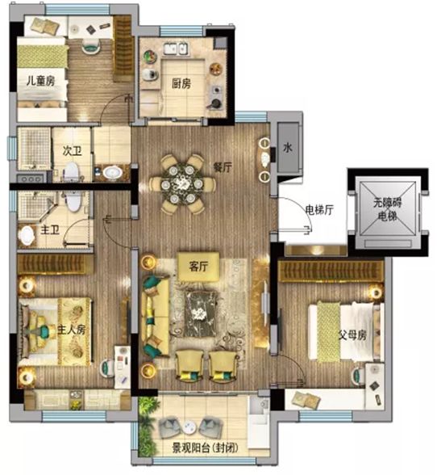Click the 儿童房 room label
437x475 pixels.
pos(41,81)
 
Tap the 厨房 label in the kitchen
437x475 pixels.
pos(181,83)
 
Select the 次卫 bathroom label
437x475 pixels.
pos(73,150)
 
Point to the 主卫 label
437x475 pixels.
pos(50,230)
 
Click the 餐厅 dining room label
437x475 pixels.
pos(223,167)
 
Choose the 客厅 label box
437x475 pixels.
pos(198,267)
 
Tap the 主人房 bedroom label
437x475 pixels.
pos(72,330)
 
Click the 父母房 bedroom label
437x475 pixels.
pos(352,335)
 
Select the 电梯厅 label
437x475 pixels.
pos(319,210)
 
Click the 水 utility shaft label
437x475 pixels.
pos(288,148)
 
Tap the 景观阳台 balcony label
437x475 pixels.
pos(205,448)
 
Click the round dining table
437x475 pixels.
pos(181,183)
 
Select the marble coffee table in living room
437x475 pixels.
pos(201,313)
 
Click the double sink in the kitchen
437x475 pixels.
pos(176,48)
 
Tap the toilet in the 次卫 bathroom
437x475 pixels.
pos(72,172)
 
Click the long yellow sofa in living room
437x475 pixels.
pos(156,317)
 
